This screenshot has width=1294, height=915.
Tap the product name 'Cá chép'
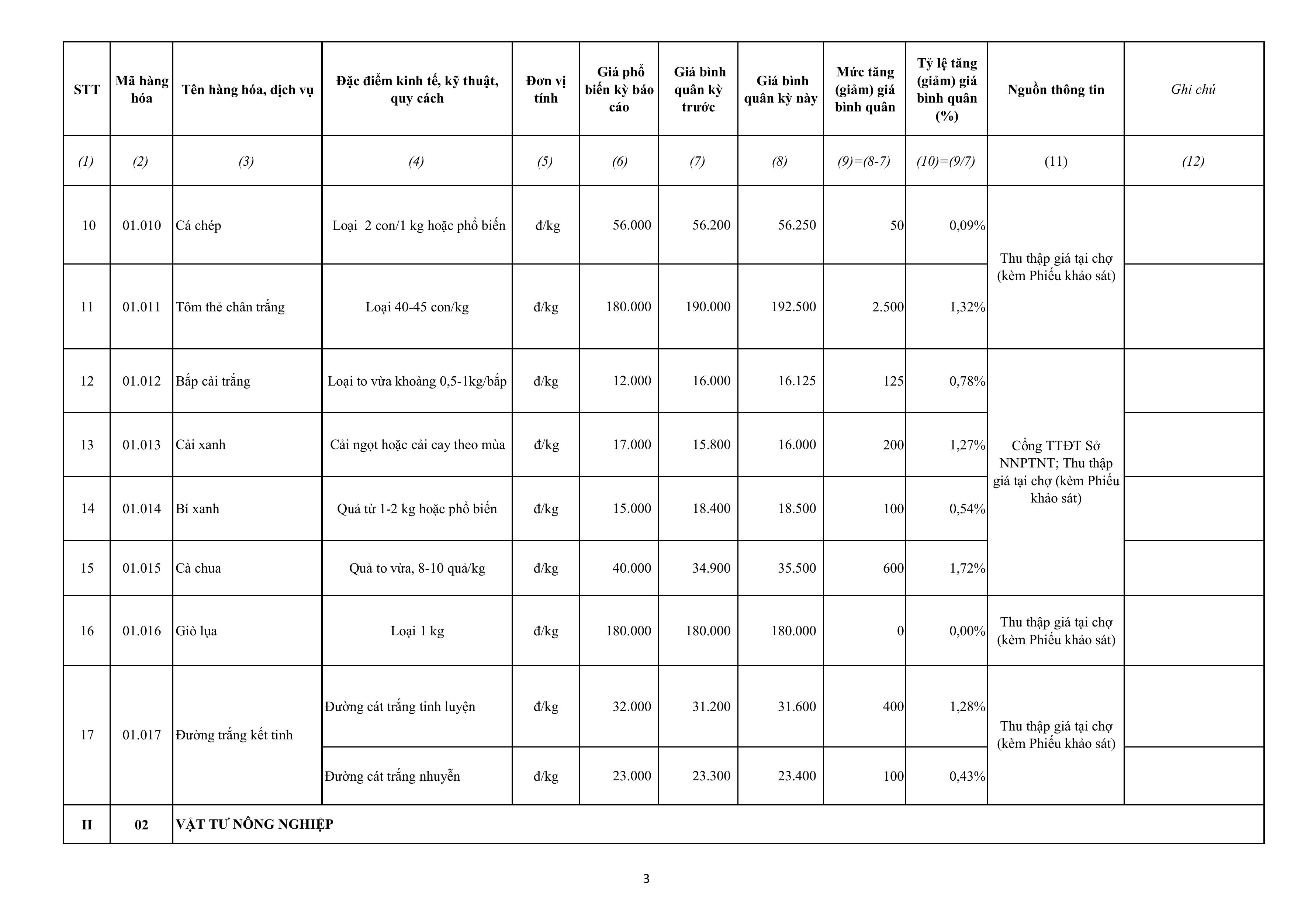click(x=198, y=225)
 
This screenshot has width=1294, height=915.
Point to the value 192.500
click(x=793, y=307)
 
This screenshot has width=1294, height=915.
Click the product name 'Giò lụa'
click(x=196, y=631)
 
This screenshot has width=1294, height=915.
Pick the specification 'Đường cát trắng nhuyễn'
click(x=392, y=776)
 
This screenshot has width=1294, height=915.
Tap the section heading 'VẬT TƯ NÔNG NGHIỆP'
click(x=254, y=824)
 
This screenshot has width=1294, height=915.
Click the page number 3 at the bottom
click(x=646, y=878)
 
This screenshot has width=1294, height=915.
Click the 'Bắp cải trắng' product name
click(x=213, y=381)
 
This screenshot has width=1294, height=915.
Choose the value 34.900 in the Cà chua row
click(x=711, y=568)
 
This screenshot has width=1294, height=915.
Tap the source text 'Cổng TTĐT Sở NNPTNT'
click(x=1056, y=455)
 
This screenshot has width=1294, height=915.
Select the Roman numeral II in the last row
click(x=87, y=825)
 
